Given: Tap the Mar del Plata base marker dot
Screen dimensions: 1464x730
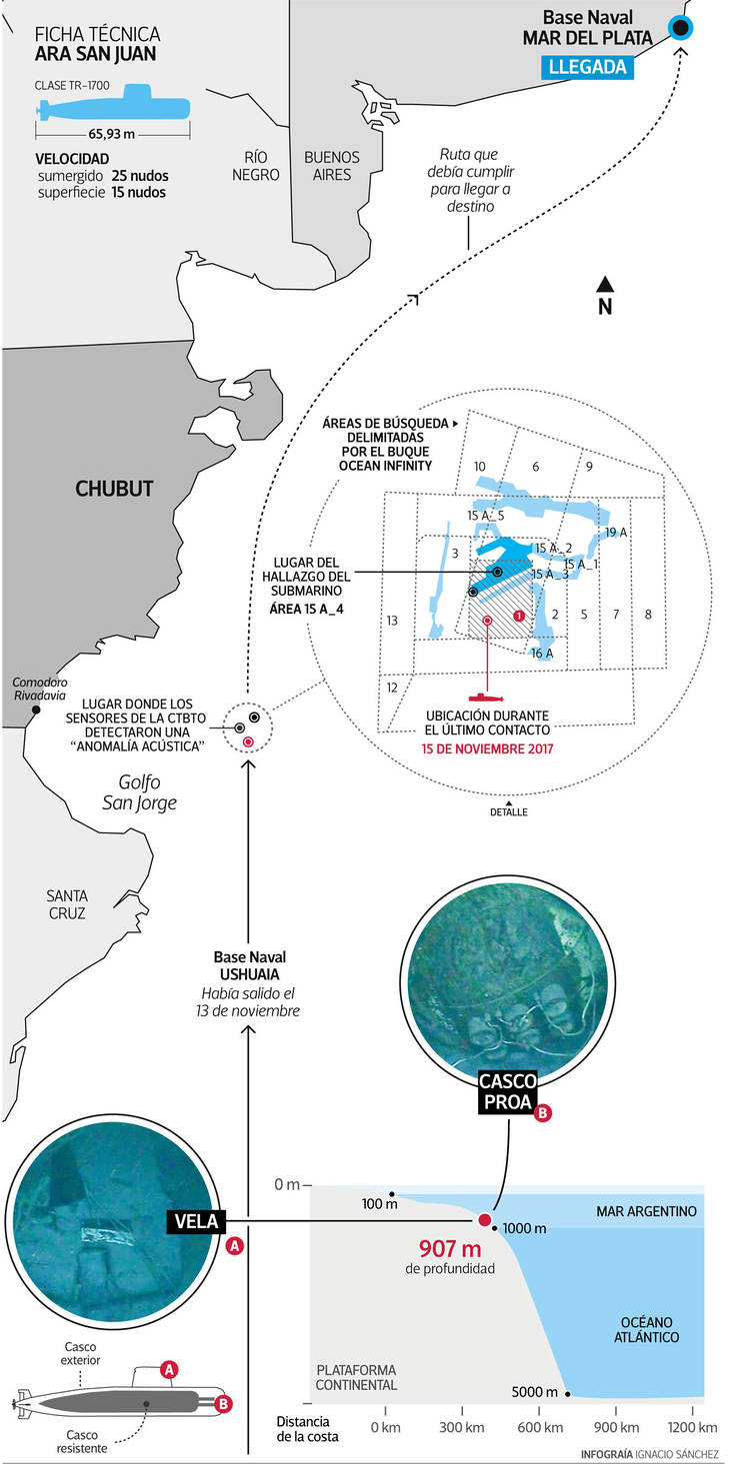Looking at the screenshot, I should pyautogui.click(x=682, y=29).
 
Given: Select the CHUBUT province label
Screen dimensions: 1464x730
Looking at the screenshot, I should pyautogui.click(x=115, y=489).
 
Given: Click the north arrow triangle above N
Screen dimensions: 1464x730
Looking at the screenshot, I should pyautogui.click(x=604, y=283).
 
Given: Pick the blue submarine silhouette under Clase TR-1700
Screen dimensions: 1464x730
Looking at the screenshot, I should pyautogui.click(x=150, y=102).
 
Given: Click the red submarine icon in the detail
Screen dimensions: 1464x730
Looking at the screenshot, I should pyautogui.click(x=487, y=696).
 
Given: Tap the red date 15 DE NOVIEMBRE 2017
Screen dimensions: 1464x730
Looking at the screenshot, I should pyautogui.click(x=487, y=747).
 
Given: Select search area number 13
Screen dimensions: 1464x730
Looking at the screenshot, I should pyautogui.click(x=392, y=621).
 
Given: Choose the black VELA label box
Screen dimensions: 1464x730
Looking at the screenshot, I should pyautogui.click(x=195, y=1220).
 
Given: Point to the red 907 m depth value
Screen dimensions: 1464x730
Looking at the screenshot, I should pyautogui.click(x=451, y=1250).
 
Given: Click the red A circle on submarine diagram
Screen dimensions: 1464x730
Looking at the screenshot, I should pyautogui.click(x=170, y=1368).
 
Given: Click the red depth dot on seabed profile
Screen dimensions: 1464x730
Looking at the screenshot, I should pyautogui.click(x=485, y=1219).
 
